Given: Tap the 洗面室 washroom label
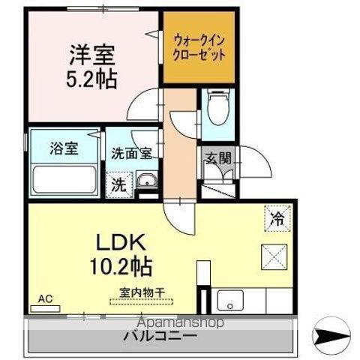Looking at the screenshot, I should (132, 154).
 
